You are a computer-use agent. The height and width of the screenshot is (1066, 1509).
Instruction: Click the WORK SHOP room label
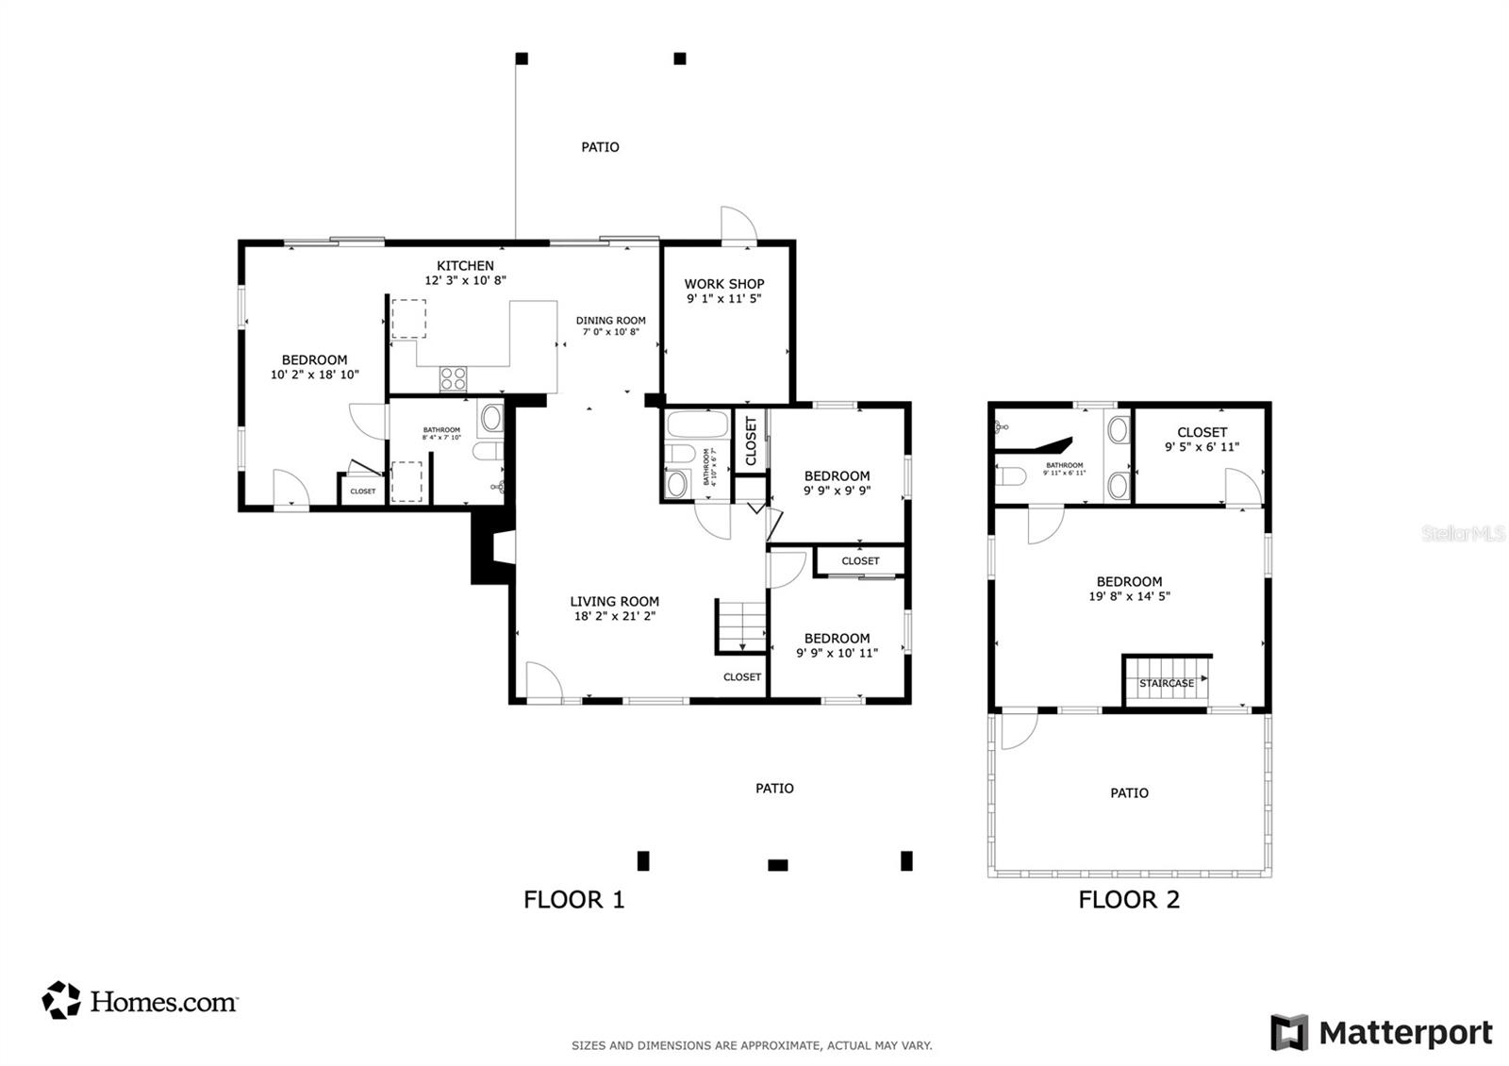723,283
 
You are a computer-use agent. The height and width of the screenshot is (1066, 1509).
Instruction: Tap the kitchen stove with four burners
453,378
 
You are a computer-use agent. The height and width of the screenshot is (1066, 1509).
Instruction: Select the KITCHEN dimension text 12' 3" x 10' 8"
465,280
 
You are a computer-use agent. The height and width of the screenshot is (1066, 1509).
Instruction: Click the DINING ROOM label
611,321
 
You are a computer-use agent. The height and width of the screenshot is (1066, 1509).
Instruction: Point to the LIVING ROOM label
614,601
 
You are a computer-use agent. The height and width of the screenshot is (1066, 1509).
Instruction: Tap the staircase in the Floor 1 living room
741,625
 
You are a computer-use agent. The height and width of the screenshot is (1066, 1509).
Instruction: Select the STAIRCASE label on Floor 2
1166,683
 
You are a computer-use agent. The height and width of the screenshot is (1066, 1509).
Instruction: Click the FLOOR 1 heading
573,899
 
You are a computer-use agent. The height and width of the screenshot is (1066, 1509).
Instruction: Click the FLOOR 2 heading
1129,899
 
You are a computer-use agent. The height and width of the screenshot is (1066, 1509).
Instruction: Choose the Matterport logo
1382,1032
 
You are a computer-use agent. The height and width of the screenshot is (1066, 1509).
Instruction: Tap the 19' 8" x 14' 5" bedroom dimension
1129,596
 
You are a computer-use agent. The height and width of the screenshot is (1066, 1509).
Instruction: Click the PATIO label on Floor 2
1129,793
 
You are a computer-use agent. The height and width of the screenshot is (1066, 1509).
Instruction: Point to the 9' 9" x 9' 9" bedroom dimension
837,491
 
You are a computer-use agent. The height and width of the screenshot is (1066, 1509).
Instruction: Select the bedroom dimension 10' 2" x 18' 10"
314,375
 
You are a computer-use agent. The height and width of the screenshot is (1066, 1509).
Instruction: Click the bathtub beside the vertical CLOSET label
696,425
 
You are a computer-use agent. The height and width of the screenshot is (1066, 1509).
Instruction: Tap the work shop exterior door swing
738,225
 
